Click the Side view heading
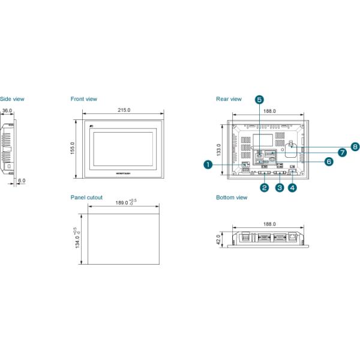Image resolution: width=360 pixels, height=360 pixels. tap(11, 99)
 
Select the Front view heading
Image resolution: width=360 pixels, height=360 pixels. tap(83, 99)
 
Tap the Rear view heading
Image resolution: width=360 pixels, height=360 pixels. tap(229, 99)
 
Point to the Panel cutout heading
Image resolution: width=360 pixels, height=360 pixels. tap(86, 197)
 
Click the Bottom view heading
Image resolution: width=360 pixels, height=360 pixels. tap(232, 197)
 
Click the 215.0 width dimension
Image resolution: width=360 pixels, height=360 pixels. tap(124, 110)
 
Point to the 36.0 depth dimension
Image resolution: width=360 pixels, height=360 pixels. tap(7, 110)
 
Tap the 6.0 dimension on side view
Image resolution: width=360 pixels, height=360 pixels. tap(22, 180)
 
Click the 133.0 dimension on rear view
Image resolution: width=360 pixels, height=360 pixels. tap(220, 149)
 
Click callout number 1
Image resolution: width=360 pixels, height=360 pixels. tap(208, 163)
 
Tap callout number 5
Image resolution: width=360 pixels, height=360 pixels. tap(259, 99)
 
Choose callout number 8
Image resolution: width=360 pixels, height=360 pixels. tap(355, 146)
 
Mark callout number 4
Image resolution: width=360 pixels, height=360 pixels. tap(292, 187)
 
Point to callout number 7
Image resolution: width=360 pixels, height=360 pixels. tap(342, 152)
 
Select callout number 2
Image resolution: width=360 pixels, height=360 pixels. tap(264, 187)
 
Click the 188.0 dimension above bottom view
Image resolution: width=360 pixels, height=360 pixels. tap(269, 224)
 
